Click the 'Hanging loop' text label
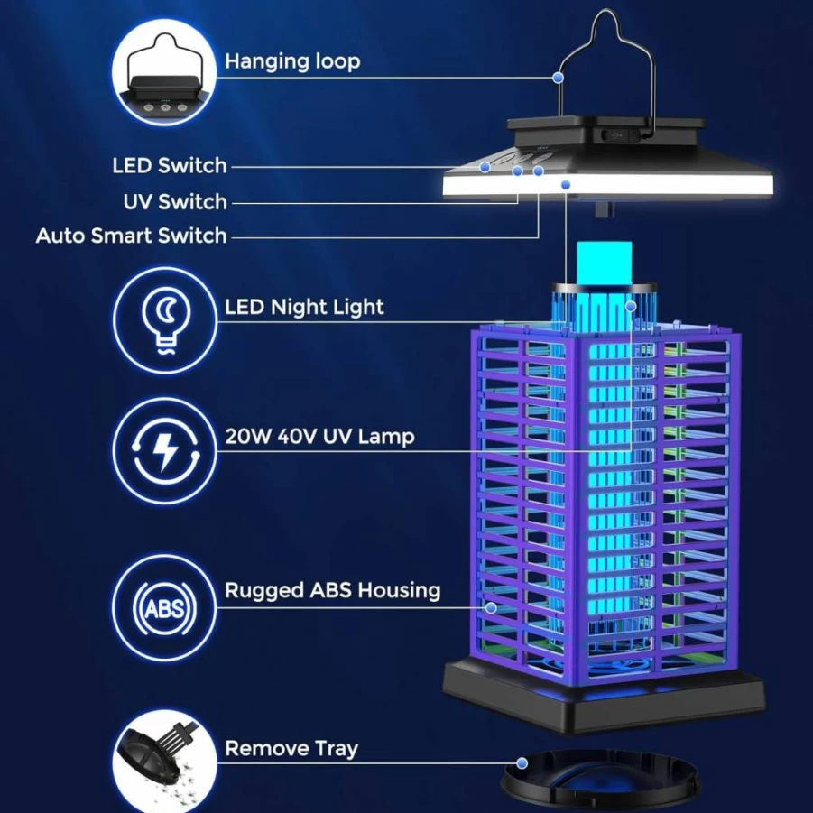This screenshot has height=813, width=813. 292,61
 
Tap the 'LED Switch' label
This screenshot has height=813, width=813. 170,165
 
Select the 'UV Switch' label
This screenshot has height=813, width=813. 175,202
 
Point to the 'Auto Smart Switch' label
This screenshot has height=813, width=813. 131,236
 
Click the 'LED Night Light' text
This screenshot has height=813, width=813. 304,307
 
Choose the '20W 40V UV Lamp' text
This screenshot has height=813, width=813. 319,437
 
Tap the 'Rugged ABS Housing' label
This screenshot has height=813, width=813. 332,590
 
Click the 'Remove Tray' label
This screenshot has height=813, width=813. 291,749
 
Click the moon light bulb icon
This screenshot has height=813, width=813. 165,320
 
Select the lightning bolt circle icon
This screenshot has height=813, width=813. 165,450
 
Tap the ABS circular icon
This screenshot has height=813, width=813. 165,607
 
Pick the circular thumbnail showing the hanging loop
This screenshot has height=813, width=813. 164,72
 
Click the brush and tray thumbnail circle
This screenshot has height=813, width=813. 165,763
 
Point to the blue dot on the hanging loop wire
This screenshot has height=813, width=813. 558,78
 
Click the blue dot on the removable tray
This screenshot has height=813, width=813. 522,763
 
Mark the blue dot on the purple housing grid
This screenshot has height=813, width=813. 491,607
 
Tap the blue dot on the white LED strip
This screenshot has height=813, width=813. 566,185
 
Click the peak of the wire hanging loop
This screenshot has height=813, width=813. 605,10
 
